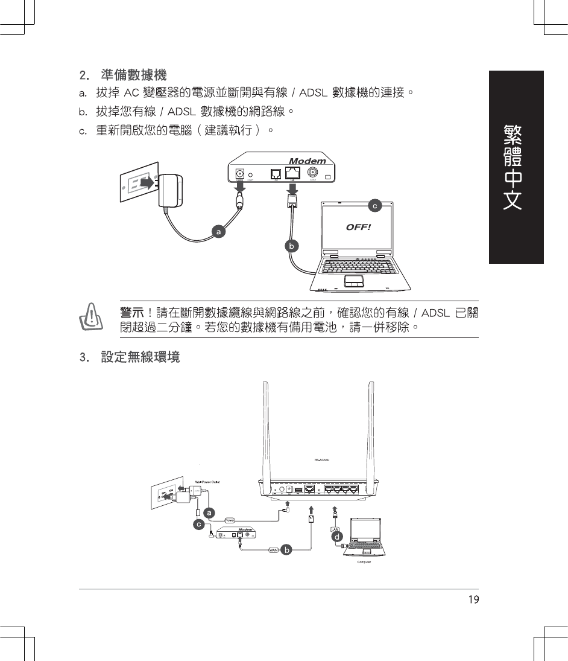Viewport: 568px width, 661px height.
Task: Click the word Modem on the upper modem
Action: (x=307, y=161)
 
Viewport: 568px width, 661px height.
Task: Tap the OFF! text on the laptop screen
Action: (x=358, y=227)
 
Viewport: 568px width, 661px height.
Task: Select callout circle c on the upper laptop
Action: (x=374, y=206)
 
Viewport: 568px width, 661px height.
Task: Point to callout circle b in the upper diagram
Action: (x=291, y=246)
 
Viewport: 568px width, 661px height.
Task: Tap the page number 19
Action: (x=473, y=599)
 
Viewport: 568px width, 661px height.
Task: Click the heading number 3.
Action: (x=83, y=357)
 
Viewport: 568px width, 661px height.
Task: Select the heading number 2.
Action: (x=83, y=76)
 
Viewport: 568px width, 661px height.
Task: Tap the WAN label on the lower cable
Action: (x=273, y=550)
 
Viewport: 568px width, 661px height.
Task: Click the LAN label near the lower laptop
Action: (x=335, y=529)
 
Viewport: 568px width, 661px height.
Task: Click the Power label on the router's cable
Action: (x=230, y=519)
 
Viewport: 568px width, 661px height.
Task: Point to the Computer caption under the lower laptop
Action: (x=364, y=562)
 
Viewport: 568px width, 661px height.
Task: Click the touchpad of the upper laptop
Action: (x=354, y=281)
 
